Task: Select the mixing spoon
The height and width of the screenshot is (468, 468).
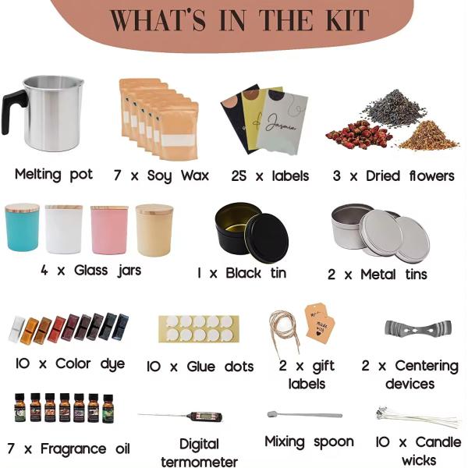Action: point(303,414)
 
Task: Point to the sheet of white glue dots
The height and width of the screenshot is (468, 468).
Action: point(196,328)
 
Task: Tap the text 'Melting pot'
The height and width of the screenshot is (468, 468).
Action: point(52,174)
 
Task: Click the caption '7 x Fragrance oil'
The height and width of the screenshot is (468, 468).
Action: point(67,448)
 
